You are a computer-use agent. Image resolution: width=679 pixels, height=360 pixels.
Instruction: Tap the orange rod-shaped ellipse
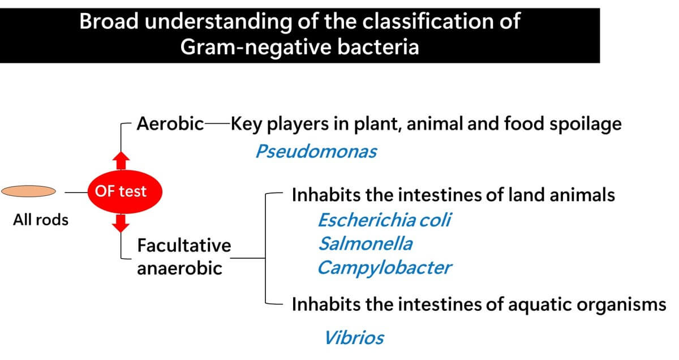[29, 192]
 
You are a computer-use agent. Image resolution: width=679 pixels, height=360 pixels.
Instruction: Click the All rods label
[40, 220]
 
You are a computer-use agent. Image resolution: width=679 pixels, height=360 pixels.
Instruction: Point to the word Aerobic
[170, 124]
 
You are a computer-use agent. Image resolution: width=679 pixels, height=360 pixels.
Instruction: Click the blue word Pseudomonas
[316, 152]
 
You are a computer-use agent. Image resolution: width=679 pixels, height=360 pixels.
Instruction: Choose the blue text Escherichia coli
[384, 220]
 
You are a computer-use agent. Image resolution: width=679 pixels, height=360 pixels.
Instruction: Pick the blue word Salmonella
[365, 243]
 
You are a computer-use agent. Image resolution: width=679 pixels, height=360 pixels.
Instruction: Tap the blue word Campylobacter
[384, 267]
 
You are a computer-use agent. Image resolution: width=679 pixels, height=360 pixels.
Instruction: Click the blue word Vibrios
[354, 338]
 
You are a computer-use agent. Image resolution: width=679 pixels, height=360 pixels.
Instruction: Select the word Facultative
[184, 246]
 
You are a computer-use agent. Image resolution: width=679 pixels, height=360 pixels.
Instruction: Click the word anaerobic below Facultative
[179, 268]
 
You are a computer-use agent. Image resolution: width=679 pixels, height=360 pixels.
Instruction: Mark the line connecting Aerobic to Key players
[217, 124]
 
